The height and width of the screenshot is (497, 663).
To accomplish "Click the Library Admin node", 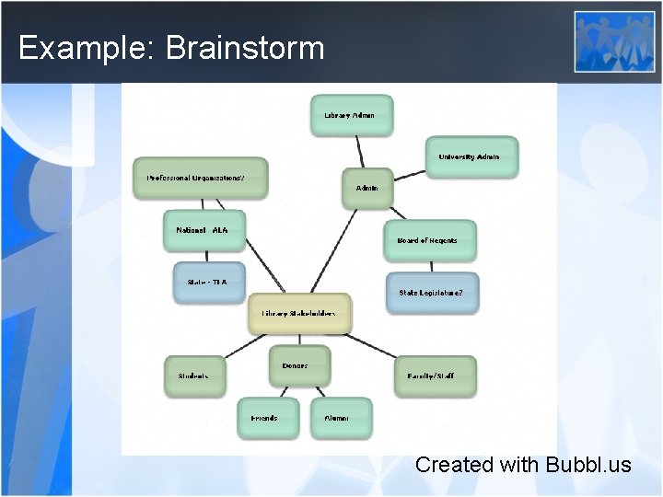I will tap(351, 115).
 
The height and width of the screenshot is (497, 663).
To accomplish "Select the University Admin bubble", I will tap(471, 156).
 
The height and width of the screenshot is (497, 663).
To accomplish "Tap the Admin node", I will tap(367, 188).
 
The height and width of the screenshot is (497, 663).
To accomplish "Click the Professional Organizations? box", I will tap(200, 178).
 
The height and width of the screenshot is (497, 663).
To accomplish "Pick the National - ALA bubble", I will tap(204, 230).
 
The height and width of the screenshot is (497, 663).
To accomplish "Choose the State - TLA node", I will tap(209, 282).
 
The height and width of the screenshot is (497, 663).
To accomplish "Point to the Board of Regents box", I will tap(429, 240).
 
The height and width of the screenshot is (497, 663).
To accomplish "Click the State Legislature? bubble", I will tap(432, 293).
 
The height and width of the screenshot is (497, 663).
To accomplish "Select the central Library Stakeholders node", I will tap(300, 314).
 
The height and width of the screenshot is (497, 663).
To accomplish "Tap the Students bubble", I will tap(194, 376).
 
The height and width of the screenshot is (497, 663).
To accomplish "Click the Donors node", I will tap(298, 365).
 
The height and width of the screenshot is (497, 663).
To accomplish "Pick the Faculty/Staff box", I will tap(435, 376).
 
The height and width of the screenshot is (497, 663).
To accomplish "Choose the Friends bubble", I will tap(267, 418).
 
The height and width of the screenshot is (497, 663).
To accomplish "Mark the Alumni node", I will tap(341, 418).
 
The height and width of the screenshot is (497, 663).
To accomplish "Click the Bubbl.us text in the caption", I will tap(587, 465).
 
